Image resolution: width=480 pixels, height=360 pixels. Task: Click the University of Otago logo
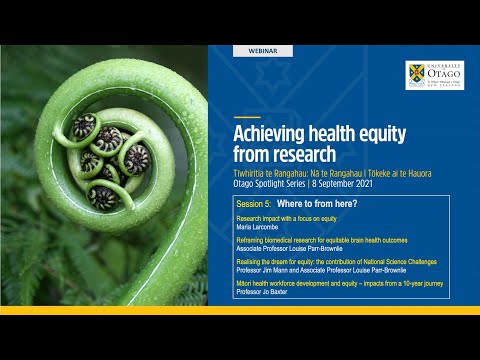click(433, 76)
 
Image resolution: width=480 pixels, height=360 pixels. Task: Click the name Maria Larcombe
click(258, 227)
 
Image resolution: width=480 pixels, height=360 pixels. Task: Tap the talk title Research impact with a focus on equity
click(296, 218)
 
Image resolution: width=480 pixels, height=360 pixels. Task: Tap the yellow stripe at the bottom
click(240, 311)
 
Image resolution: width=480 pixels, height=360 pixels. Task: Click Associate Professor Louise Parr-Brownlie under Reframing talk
click(290, 247)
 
